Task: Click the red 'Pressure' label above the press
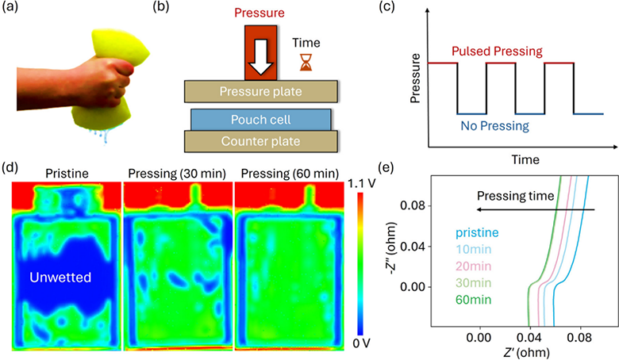[x=260, y=13]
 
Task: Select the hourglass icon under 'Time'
[x=306, y=63]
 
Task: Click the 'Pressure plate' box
[x=261, y=91]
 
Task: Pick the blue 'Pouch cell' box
[x=261, y=120]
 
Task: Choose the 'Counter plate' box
[x=261, y=141]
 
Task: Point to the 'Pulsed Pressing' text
[x=497, y=52]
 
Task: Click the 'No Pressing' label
[x=494, y=126]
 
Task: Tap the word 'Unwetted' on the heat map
[x=60, y=278]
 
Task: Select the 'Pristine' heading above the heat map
[x=67, y=174]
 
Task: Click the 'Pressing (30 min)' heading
[x=177, y=174]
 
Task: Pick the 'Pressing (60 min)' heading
[x=290, y=174]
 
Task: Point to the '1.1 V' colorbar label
[x=362, y=183]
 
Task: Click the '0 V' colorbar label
[x=362, y=343]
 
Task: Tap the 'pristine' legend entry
[x=477, y=232]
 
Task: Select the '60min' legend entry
[x=473, y=300]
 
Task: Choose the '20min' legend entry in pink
[x=473, y=266]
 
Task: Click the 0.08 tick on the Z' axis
[x=580, y=338]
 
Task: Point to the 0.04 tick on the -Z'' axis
[x=413, y=247]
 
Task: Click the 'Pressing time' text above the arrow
[x=516, y=196]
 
